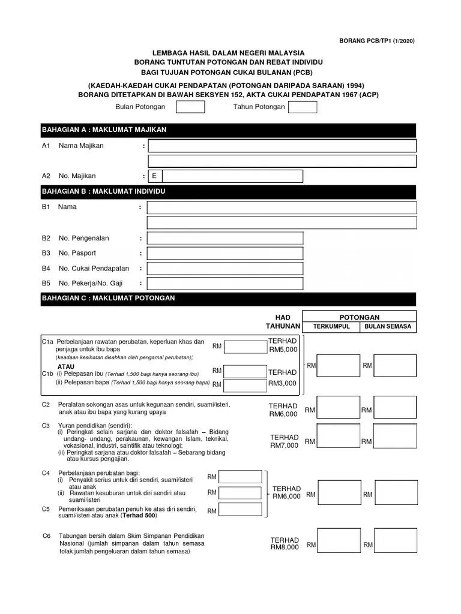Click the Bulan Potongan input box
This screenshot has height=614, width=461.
tap(190, 107)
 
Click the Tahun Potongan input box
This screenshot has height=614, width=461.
tap(303, 107)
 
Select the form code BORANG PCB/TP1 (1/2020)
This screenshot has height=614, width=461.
tap(377, 41)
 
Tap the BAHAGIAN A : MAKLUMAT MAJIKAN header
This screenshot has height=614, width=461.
tap(227, 130)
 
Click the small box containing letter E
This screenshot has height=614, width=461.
tap(155, 176)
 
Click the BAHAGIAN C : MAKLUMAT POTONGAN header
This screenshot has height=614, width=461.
tap(227, 298)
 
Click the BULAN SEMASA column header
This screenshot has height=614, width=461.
tap(387, 327)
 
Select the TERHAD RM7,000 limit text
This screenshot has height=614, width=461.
tap(284, 441)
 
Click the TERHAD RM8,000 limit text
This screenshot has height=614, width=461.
tap(284, 543)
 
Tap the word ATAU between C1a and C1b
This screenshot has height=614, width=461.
tap(66, 366)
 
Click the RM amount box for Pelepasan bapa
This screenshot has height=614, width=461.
tap(243, 384)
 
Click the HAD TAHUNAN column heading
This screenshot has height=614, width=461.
tap(283, 321)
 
